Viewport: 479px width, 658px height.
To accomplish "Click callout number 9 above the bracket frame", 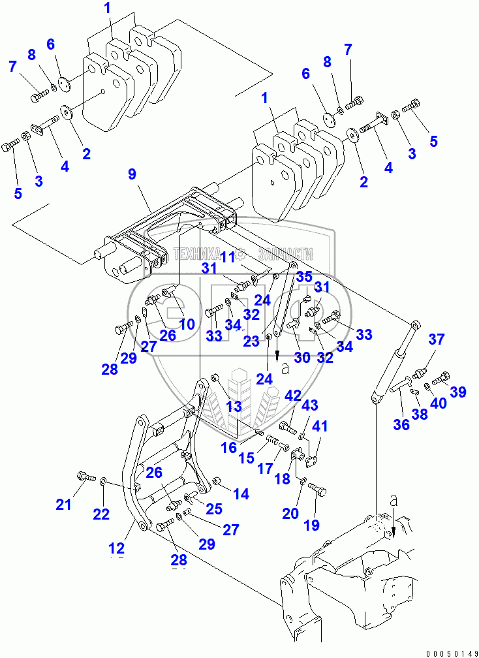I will click(132, 175).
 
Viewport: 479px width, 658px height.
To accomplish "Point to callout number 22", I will click(101, 514).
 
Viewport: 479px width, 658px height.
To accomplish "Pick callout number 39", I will click(458, 392).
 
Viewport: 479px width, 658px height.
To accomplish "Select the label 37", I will click(436, 339).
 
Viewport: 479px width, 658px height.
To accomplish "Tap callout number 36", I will click(401, 424).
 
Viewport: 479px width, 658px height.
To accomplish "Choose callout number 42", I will click(292, 396).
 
